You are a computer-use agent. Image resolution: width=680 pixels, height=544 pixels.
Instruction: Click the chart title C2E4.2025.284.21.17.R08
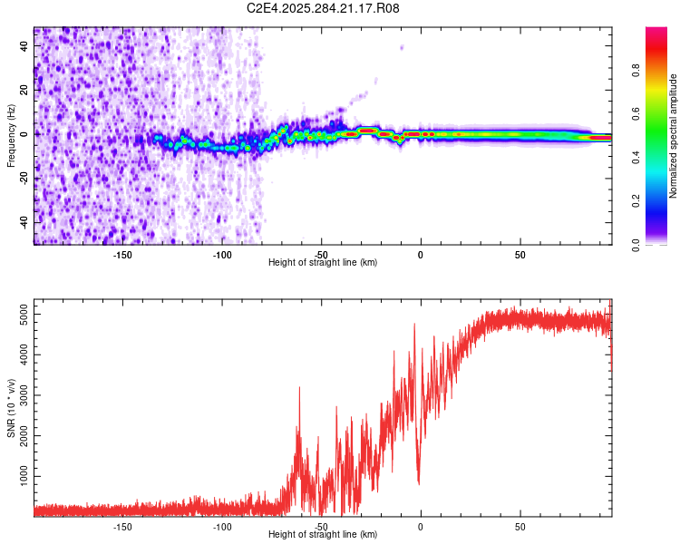324,8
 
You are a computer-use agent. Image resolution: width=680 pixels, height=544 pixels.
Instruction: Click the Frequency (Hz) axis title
12,136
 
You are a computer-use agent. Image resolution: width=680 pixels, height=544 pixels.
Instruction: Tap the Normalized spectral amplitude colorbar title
674,136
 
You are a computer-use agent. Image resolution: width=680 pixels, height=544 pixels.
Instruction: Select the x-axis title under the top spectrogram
323,262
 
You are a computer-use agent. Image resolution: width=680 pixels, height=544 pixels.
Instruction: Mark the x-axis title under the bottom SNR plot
323,535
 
